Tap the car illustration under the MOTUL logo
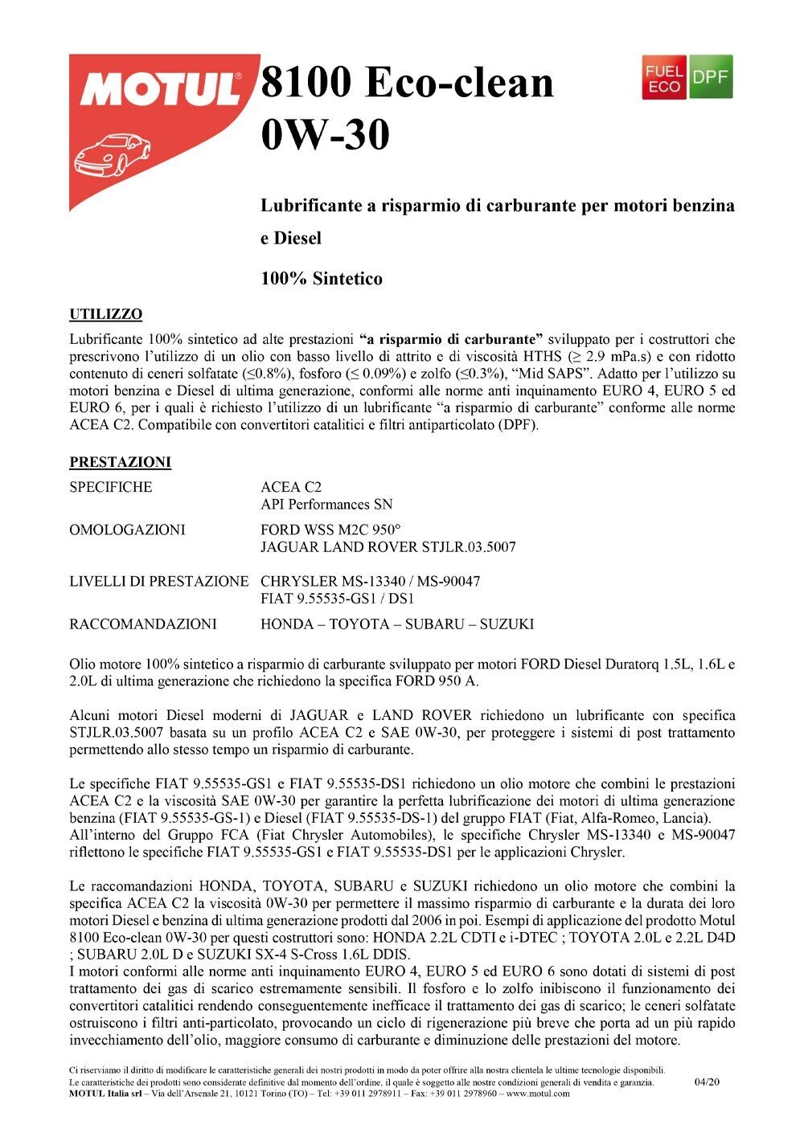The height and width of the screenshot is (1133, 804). click(112, 154)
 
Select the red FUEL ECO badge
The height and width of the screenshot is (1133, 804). click(664, 78)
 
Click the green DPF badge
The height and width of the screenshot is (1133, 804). click(711, 78)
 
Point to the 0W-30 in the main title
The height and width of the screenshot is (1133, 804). click(325, 133)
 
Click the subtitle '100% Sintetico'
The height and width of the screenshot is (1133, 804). click(322, 280)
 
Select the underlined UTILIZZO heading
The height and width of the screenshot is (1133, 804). click(105, 314)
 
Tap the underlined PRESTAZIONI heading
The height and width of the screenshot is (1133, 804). click(120, 463)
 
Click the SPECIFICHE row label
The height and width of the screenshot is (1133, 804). click(110, 487)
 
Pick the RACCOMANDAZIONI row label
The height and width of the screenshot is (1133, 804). click(143, 624)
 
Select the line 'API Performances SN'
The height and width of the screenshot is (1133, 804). click(326, 505)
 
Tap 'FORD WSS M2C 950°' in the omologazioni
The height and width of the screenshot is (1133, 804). click(330, 530)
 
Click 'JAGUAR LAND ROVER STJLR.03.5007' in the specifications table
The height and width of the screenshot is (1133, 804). click(388, 547)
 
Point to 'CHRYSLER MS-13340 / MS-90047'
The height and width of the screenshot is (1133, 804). click(371, 581)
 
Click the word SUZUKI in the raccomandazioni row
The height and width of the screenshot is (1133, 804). click(507, 624)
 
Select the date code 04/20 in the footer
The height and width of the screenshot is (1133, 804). click(707, 1082)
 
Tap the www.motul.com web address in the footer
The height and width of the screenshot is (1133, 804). click(538, 1093)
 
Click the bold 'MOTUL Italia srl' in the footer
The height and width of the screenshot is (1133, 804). click(98, 1093)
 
